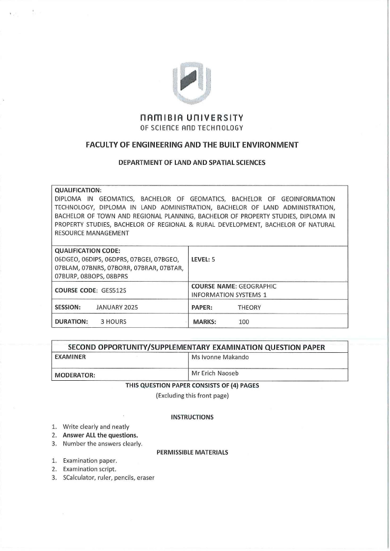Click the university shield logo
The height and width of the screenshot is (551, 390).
[x=193, y=82]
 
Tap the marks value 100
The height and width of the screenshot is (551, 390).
[x=244, y=322]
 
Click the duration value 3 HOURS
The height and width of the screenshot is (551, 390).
[x=113, y=322]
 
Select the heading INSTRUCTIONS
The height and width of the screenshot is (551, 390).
[x=192, y=417]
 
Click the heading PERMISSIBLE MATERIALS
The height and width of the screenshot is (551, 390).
[x=192, y=452]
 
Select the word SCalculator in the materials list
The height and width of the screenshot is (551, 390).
[x=79, y=478]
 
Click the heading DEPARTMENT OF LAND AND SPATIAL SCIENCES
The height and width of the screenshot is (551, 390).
[x=192, y=162]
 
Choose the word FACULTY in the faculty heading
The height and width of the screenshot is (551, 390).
[x=102, y=145]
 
